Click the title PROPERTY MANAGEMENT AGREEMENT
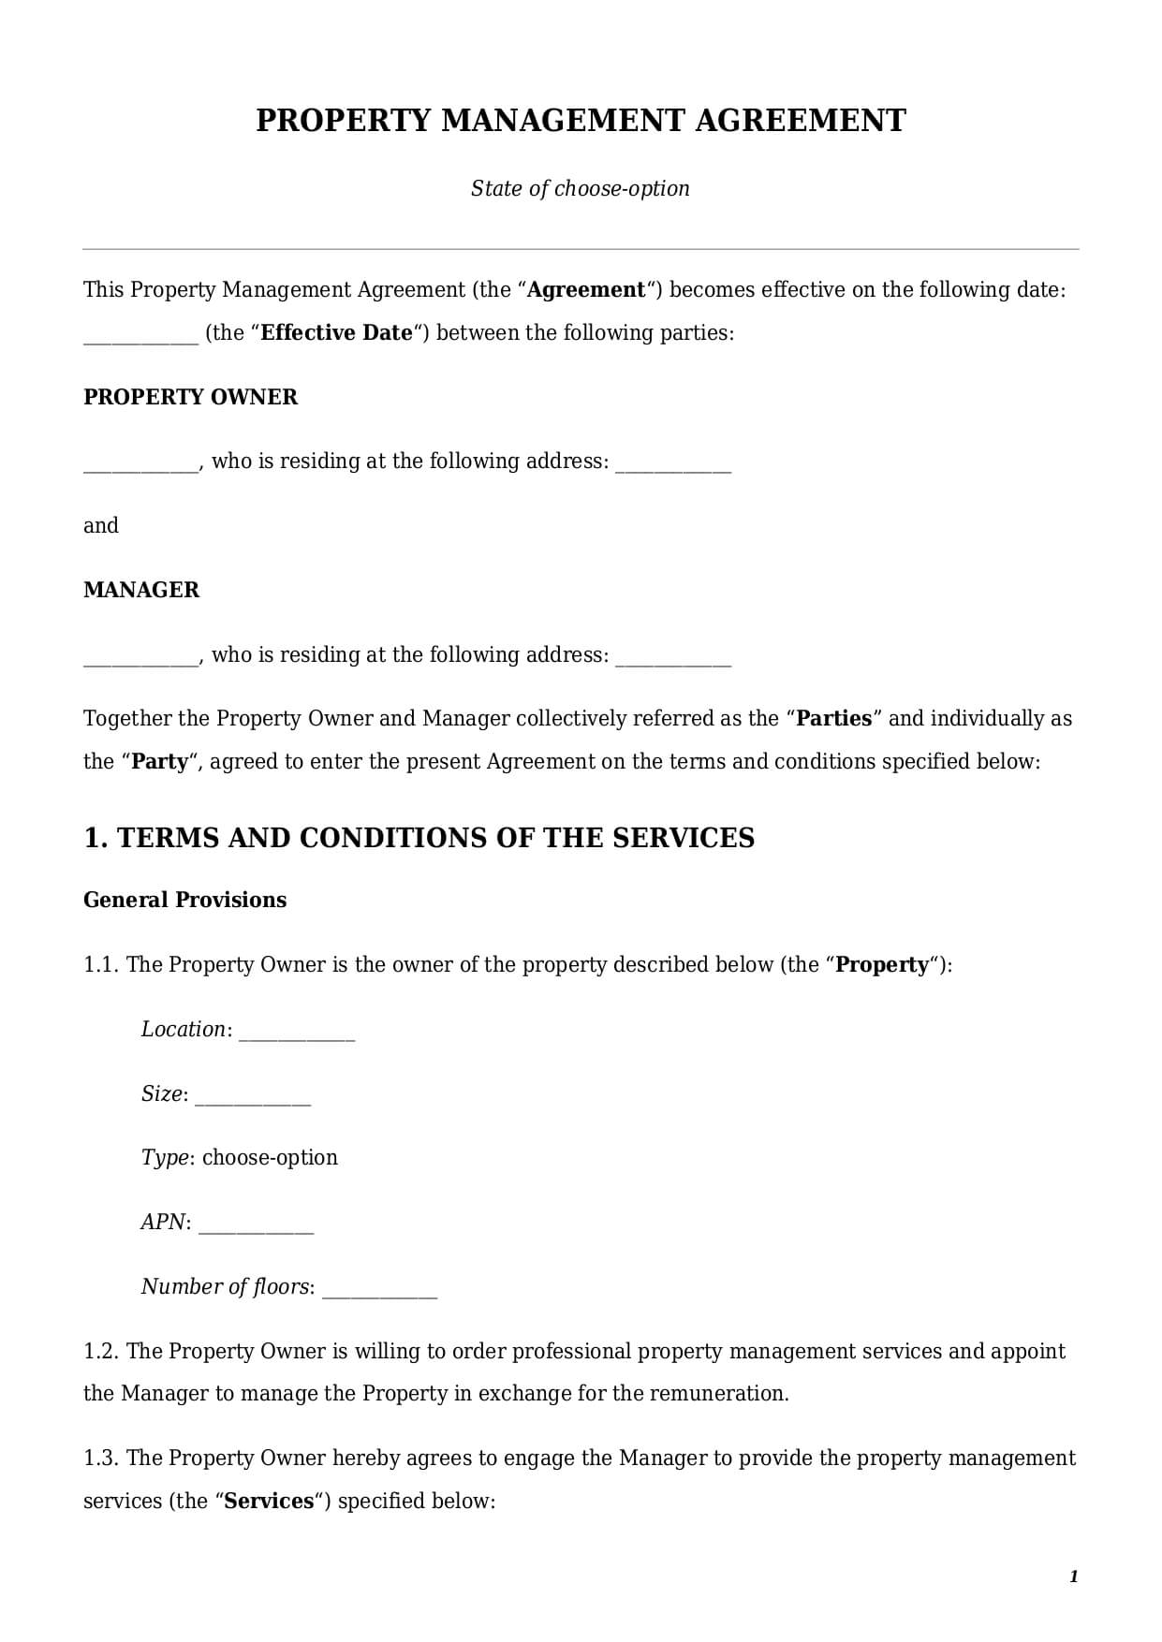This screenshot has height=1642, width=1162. [581, 121]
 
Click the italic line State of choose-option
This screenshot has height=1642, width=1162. [580, 188]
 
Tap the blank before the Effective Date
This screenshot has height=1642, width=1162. [140, 335]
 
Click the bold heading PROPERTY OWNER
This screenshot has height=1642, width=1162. [190, 397]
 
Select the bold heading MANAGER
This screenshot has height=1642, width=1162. [141, 590]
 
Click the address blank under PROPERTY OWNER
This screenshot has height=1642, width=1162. [672, 463]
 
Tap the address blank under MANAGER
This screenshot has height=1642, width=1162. [672, 657]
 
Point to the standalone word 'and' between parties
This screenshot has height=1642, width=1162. [101, 525]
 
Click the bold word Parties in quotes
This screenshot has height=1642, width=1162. [833, 718]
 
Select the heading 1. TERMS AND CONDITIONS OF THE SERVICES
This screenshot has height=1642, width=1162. [419, 837]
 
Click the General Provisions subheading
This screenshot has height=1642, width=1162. [184, 900]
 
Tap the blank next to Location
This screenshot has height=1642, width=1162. [297, 1032]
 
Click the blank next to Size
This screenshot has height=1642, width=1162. [252, 1096]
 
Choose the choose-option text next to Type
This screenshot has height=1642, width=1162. [270, 1157]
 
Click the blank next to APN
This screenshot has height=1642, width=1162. [256, 1224]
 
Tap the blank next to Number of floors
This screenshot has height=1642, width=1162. [379, 1289]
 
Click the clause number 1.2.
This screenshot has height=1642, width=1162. [99, 1351]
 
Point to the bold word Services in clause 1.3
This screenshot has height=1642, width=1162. [269, 1501]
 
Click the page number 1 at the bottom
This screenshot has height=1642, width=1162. [1073, 1576]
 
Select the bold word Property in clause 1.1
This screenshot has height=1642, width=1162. [881, 964]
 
